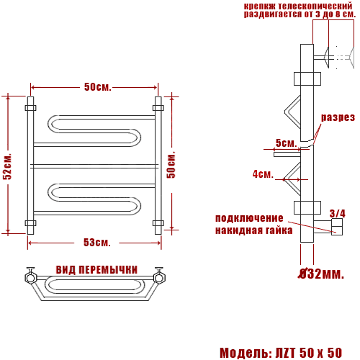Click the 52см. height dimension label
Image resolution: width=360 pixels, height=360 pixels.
click(7, 166)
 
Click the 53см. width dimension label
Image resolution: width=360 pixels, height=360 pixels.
click(97, 243)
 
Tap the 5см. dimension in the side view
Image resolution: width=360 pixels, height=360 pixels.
click(286, 143)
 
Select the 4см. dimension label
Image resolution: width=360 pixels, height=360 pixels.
click(263, 174)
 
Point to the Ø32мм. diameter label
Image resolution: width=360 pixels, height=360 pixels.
click(321, 274)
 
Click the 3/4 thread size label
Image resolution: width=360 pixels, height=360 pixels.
click(337, 213)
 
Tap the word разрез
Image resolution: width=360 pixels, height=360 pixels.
click(338, 117)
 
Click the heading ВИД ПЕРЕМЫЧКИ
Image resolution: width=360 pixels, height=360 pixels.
click(96, 270)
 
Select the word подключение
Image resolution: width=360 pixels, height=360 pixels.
click(249, 218)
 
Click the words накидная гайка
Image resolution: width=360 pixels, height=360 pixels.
click(254, 230)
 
